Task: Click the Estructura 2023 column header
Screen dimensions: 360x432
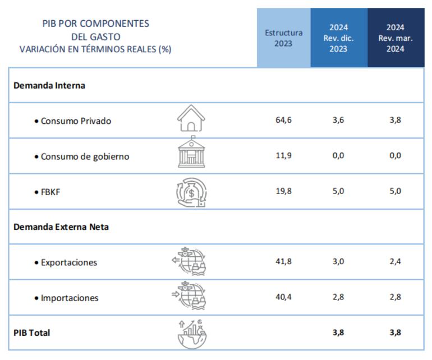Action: [283, 38]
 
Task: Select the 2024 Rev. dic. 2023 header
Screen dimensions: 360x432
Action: [338, 38]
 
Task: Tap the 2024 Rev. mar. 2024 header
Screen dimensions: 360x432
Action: [396, 38]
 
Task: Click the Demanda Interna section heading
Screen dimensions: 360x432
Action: [49, 86]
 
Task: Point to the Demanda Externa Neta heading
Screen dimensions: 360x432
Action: [61, 227]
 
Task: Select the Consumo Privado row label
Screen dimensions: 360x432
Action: [76, 121]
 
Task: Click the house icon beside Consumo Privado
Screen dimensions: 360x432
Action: [191, 119]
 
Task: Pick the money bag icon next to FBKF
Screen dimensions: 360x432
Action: [191, 192]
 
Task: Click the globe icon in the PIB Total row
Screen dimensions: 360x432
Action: [192, 333]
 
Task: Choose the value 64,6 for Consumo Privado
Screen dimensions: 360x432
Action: [283, 121]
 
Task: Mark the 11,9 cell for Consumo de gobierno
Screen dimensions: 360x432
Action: [283, 156]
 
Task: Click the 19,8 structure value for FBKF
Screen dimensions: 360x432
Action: [283, 191]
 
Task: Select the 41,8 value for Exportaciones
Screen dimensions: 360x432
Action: [283, 262]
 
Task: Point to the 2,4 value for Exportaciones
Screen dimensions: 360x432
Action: [396, 262]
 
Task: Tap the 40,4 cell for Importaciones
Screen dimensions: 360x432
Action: [283, 297]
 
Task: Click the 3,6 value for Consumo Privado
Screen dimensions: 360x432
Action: [338, 121]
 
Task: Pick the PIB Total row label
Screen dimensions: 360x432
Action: [32, 333]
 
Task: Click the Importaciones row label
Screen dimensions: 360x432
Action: [70, 298]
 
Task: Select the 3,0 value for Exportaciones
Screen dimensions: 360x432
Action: [338, 262]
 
